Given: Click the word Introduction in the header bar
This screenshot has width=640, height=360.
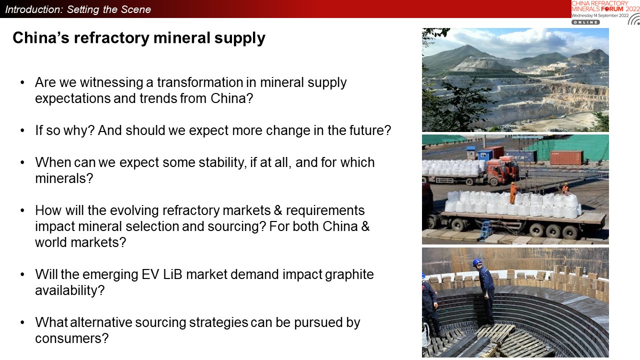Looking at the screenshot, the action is [x=34, y=9].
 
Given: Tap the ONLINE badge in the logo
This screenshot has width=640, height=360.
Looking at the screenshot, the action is [x=585, y=22].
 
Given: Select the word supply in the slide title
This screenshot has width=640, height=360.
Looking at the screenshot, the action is [x=239, y=38].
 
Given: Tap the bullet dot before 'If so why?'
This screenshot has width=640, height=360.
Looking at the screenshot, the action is [x=22, y=131].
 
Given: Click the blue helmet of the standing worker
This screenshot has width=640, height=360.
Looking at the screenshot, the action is [x=477, y=261].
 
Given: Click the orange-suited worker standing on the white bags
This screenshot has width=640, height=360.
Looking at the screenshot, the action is [x=513, y=193].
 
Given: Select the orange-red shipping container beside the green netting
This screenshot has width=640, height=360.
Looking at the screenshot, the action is [x=566, y=157].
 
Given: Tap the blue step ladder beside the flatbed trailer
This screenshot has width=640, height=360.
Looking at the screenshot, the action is [x=485, y=229].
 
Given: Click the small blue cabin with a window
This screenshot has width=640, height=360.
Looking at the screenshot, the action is [x=471, y=153].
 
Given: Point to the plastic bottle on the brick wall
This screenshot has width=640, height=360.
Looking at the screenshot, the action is [x=584, y=271].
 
